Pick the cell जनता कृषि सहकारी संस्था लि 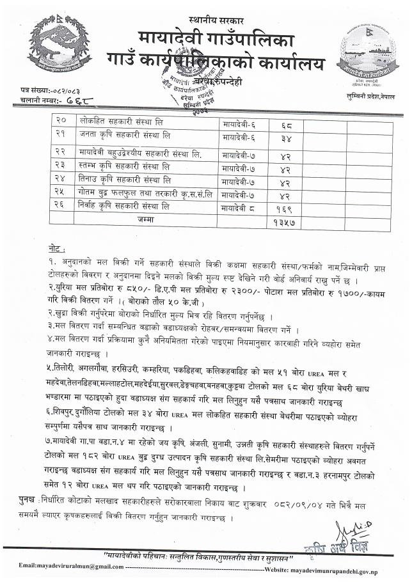125,134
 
